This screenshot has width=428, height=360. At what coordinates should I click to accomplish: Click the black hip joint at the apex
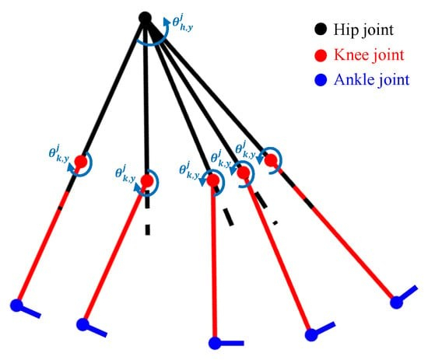(x=145, y=18)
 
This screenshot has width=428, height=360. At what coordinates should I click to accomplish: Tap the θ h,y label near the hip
(x=183, y=24)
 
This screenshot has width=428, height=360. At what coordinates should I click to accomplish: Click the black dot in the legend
(x=320, y=29)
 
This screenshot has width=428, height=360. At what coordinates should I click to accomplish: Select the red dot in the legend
(x=321, y=55)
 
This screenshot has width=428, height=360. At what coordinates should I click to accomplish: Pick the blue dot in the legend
(x=321, y=80)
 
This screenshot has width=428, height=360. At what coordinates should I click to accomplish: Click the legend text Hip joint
(x=363, y=30)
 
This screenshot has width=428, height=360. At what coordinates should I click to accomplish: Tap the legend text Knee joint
(x=369, y=55)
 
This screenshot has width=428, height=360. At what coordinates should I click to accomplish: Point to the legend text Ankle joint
(x=372, y=80)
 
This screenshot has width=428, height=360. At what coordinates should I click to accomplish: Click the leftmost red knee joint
(x=81, y=162)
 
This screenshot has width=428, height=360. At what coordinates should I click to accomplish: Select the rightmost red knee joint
(x=272, y=160)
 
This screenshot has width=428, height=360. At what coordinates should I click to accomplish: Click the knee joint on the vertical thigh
(x=147, y=181)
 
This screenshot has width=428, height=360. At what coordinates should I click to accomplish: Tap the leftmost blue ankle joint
(x=16, y=305)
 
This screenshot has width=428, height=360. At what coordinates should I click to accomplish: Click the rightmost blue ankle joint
(x=396, y=302)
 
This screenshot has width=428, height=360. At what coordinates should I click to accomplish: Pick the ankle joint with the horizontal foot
(x=215, y=343)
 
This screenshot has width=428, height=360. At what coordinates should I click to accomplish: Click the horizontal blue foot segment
(x=232, y=343)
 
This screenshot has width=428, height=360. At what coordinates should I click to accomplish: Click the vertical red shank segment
(x=214, y=262)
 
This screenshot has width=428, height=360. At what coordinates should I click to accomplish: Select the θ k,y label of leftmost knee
(x=58, y=154)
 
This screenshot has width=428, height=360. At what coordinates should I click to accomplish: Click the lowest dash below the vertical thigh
(x=147, y=229)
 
